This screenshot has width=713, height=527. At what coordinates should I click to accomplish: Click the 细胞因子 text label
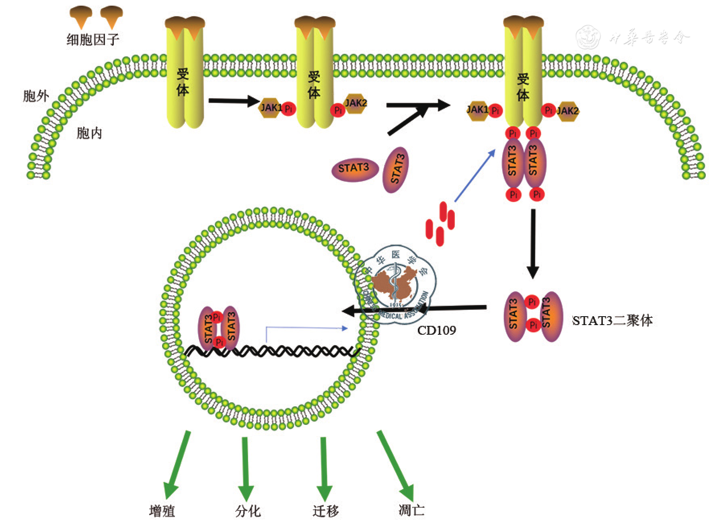(x=93, y=39)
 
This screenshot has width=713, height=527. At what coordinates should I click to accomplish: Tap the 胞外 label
(x=36, y=96)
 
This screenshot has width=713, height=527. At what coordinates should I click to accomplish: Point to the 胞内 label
(x=89, y=133)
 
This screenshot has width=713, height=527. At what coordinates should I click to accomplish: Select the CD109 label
(x=436, y=330)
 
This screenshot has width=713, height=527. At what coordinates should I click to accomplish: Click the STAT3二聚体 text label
(x=612, y=321)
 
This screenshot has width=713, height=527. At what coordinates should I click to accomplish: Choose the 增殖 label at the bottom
(x=162, y=511)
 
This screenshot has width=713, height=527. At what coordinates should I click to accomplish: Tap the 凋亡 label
(x=411, y=510)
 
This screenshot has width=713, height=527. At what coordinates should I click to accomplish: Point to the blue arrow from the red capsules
(x=475, y=176)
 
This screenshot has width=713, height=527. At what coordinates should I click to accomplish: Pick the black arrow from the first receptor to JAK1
(x=233, y=101)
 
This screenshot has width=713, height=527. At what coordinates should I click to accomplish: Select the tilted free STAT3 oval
(x=396, y=169)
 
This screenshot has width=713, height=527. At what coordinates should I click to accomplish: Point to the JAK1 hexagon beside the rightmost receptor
(x=478, y=110)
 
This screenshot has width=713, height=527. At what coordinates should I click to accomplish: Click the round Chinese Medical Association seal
(x=396, y=284)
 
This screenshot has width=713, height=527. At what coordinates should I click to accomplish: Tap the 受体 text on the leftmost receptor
(x=183, y=82)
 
